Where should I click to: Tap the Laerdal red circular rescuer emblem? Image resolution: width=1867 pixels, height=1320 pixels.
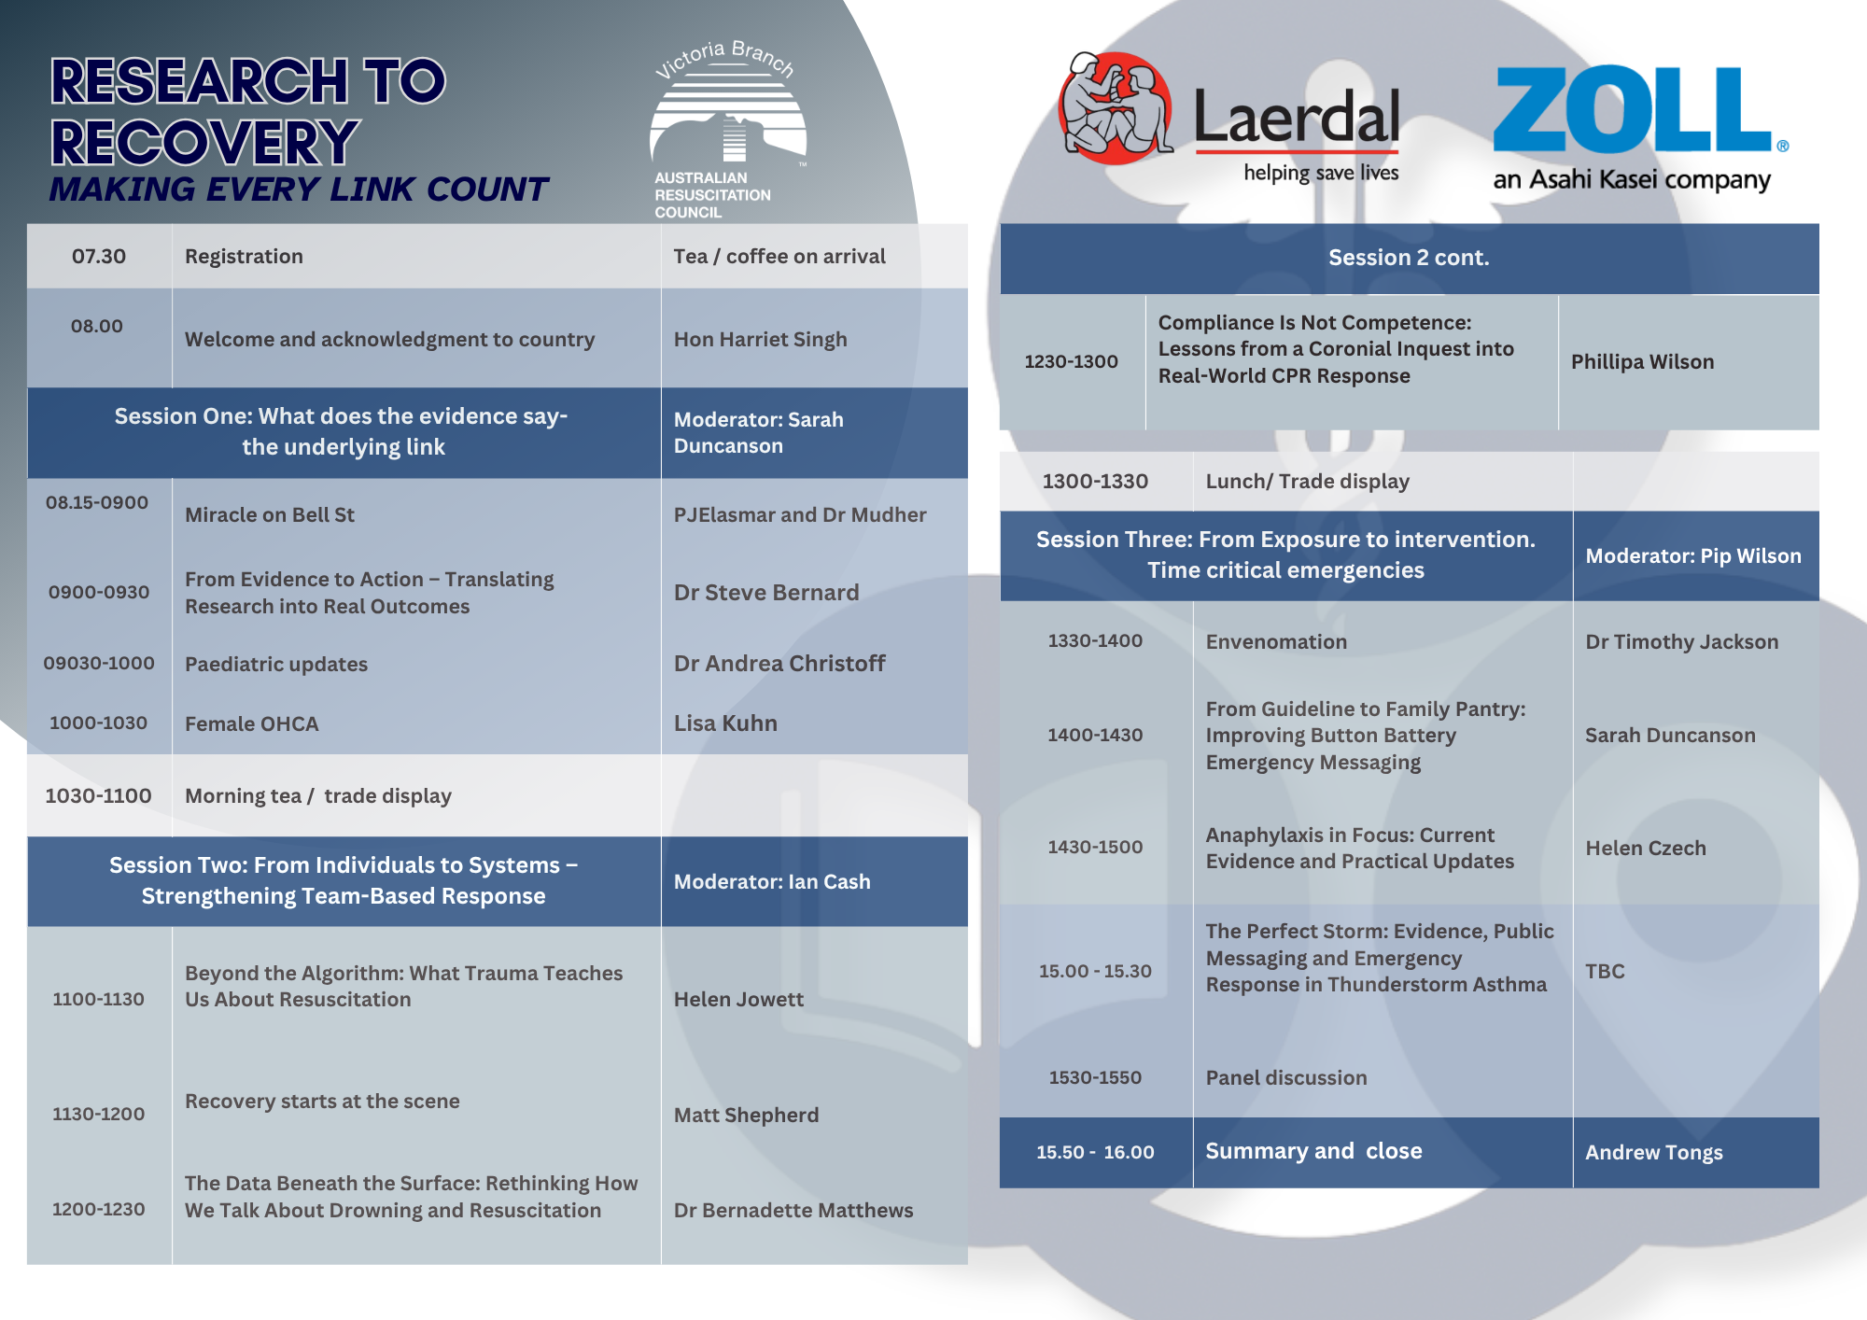[x=1115, y=107]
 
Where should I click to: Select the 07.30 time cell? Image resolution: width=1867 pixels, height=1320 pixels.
[x=99, y=256]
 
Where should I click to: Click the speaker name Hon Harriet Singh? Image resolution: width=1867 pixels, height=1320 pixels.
[x=760, y=339]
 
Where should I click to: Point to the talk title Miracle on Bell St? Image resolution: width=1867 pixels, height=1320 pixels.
[x=270, y=514]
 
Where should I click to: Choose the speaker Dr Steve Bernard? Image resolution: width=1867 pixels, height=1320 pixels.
[x=766, y=593]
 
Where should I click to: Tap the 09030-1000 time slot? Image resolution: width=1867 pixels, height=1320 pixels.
[x=99, y=663]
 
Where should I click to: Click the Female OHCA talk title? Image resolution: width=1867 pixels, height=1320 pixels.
[x=251, y=723]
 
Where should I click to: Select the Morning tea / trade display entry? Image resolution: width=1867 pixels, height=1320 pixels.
[x=318, y=795]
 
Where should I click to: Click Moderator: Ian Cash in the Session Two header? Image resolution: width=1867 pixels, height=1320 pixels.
[x=772, y=881]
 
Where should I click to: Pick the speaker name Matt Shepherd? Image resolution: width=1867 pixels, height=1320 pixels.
[x=746, y=1115]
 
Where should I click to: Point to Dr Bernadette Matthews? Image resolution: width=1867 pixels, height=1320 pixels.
[x=793, y=1210]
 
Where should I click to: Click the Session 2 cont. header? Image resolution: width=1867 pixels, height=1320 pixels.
[x=1409, y=258]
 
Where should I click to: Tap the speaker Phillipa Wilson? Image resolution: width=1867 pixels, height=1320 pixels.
[x=1642, y=361]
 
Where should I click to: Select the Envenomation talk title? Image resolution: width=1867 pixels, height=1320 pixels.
[x=1276, y=641]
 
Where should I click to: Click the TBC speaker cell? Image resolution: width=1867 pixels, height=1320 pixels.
[x=1605, y=971]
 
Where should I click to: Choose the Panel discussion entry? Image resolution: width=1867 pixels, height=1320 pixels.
[x=1285, y=1077]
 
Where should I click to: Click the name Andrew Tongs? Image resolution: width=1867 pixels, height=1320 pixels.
[x=1654, y=1152]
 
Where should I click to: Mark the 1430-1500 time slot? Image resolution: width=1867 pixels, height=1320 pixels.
[x=1095, y=847]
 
